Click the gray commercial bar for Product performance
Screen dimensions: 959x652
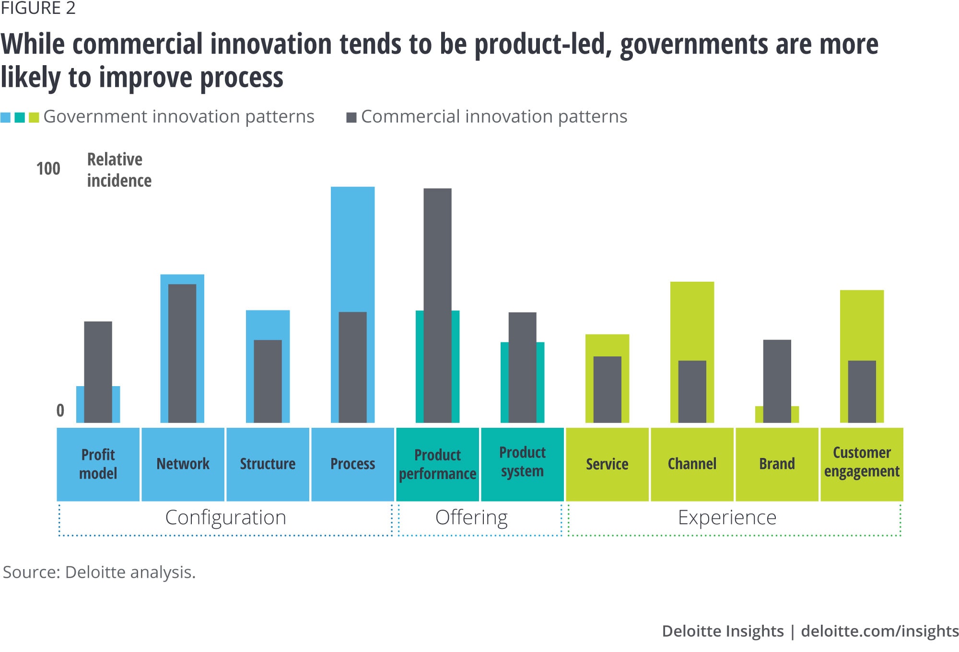pyautogui.click(x=437, y=305)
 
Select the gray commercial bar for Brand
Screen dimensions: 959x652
pyautogui.click(x=777, y=381)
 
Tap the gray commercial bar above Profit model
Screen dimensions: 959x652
pyautogui.click(x=98, y=372)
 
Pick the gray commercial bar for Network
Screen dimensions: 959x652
pyautogui.click(x=182, y=353)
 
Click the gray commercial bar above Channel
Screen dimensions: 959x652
pyautogui.click(x=692, y=391)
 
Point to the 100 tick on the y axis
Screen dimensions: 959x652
pyautogui.click(x=48, y=169)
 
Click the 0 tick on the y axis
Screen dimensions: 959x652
pyautogui.click(x=60, y=410)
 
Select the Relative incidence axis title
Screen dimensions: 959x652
pyautogui.click(x=119, y=170)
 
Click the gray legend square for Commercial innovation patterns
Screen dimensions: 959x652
pyautogui.click(x=351, y=117)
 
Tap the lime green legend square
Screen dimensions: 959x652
pyautogui.click(x=34, y=117)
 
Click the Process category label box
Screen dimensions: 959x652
pyautogui.click(x=352, y=464)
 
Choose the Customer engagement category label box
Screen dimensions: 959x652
pyautogui.click(x=862, y=464)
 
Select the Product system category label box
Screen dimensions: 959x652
pyautogui.click(x=522, y=464)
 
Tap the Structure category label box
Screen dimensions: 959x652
pyautogui.click(x=268, y=464)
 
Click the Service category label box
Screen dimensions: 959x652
pyautogui.click(x=607, y=464)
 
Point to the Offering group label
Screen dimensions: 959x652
pyautogui.click(x=471, y=518)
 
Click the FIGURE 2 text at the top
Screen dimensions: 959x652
pyautogui.click(x=38, y=8)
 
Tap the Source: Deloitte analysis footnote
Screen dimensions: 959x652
pyautogui.click(x=99, y=572)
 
